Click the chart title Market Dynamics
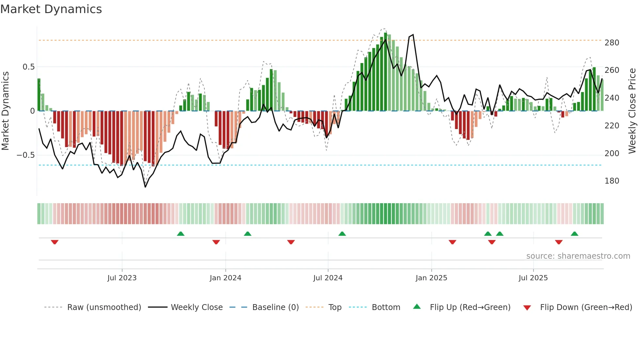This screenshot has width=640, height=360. [x=51, y=9]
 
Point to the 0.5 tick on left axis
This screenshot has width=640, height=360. [x=28, y=67]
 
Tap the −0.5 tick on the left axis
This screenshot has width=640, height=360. [x=26, y=155]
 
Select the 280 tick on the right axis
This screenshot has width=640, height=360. [x=612, y=43]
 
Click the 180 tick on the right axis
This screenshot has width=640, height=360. [x=612, y=181]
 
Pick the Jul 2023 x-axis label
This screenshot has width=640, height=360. [x=122, y=278]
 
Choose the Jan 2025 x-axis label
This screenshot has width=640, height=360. [x=431, y=278]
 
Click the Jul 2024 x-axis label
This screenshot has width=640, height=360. [x=328, y=278]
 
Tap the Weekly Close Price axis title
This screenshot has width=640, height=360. [x=632, y=111]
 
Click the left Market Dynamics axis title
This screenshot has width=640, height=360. [x=5, y=111]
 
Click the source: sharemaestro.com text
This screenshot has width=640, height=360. [x=578, y=256]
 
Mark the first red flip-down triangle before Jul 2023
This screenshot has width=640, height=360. [x=55, y=242]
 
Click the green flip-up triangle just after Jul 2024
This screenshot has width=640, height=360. [x=342, y=234]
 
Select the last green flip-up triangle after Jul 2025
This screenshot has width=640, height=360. [x=574, y=234]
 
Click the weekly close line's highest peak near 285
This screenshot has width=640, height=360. [x=413, y=35]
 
